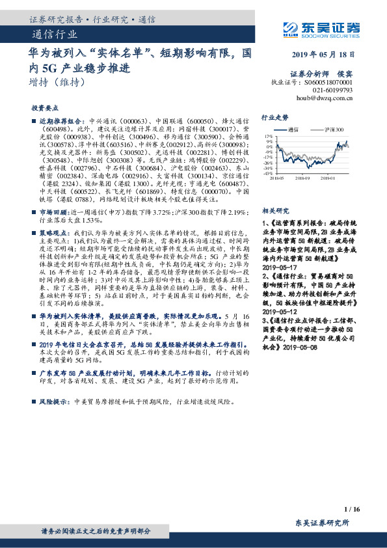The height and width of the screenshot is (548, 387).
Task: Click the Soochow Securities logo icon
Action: (291, 27)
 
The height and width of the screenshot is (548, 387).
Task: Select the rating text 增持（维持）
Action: (58, 83)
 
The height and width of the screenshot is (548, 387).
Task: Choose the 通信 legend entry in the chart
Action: (292, 130)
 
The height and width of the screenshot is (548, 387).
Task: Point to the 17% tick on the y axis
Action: (269, 136)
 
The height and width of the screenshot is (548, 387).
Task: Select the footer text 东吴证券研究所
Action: (322, 523)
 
